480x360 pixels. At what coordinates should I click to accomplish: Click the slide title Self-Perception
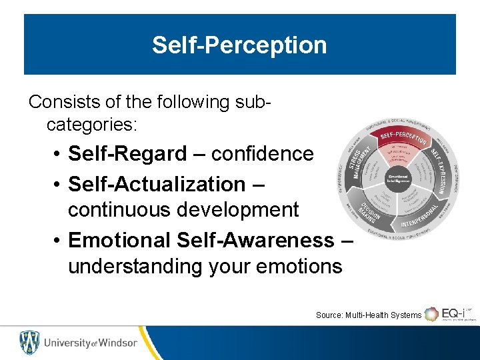tap(239, 45)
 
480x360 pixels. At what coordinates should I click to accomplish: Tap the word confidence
tap(262, 154)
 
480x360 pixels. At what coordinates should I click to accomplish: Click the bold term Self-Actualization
tap(157, 183)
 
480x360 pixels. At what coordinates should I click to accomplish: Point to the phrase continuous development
tap(183, 210)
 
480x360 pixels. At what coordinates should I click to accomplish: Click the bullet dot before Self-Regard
tap(59, 155)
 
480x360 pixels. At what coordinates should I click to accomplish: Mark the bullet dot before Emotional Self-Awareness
tap(59, 239)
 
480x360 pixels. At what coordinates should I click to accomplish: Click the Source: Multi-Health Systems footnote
tap(368, 315)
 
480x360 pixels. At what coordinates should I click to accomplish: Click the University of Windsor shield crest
tap(29, 342)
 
